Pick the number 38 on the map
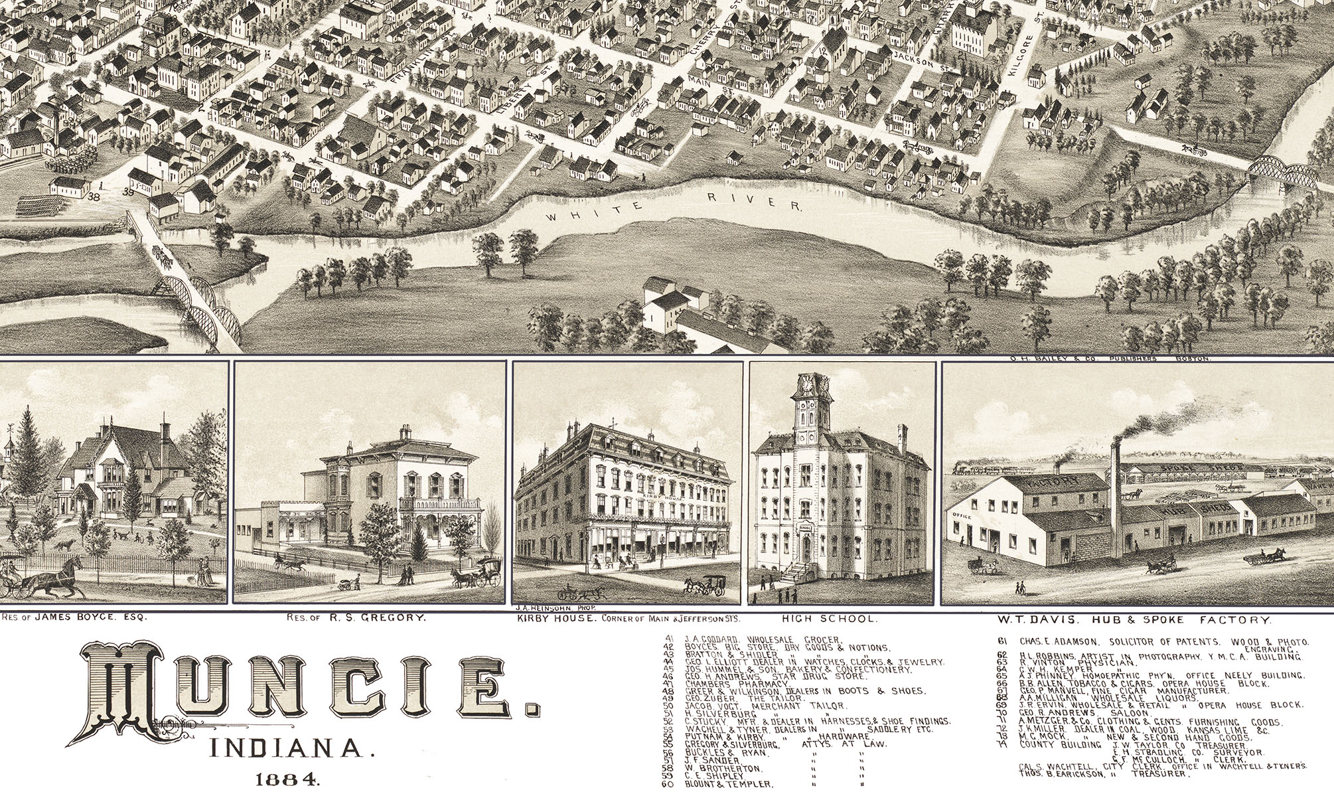(x=94, y=197)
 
